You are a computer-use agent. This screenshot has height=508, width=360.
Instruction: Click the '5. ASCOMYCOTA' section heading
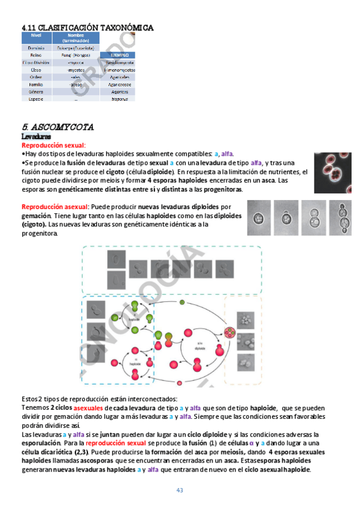click(58, 127)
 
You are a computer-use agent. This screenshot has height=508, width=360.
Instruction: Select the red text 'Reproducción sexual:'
click(54, 145)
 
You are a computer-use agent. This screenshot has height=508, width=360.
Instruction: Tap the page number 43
click(179, 491)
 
